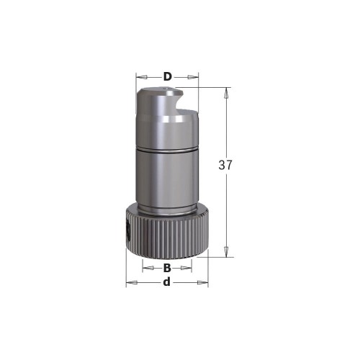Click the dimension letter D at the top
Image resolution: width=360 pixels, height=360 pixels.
167,76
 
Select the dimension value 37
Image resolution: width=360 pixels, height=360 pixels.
225,165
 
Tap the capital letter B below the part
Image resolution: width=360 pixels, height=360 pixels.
167,268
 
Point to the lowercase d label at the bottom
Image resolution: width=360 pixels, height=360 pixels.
167,282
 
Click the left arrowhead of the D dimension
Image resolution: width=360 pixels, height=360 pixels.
140,76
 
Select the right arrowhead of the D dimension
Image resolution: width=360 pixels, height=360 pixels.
194,76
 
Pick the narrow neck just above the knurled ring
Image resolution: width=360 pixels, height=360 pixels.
167,209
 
